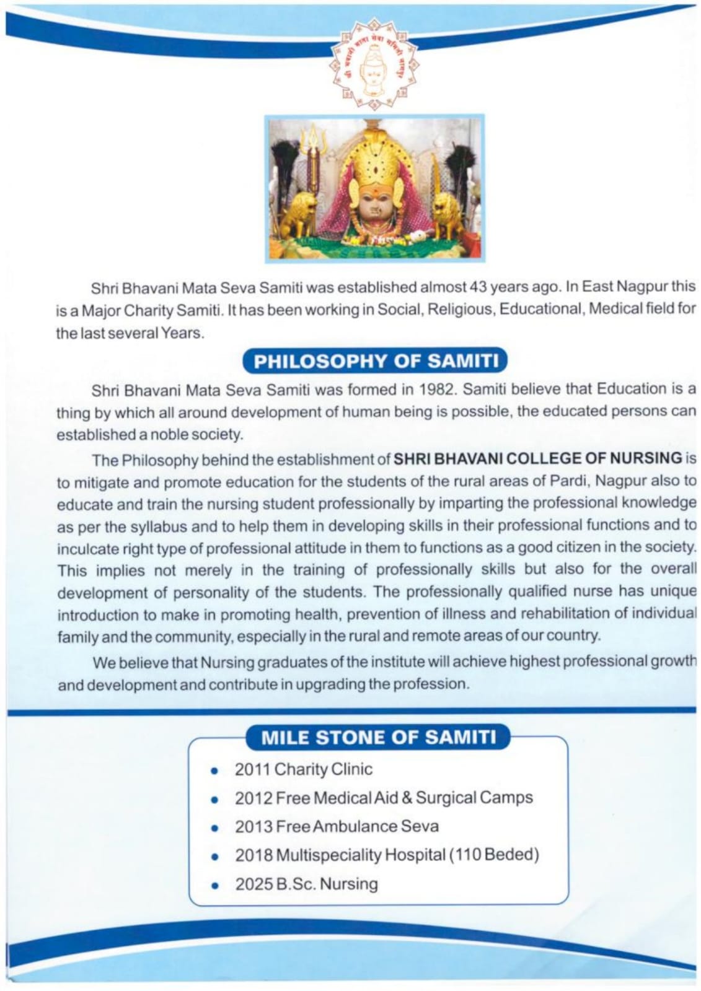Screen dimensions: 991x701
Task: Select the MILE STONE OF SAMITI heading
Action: pos(379,738)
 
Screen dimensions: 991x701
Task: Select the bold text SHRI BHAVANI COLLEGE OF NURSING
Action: pos(538,458)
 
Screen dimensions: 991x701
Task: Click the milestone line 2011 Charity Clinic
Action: pos(303,769)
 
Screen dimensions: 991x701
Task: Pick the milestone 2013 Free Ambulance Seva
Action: pos(336,826)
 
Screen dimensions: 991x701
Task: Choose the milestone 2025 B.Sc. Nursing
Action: pos(306,884)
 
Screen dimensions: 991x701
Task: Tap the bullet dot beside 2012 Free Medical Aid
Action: pos(214,800)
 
